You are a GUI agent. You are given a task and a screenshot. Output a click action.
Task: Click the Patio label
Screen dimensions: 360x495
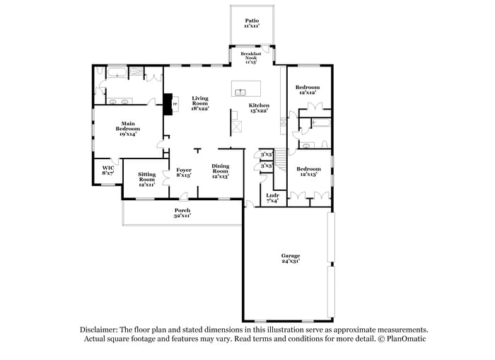pyautogui.click(x=251, y=24)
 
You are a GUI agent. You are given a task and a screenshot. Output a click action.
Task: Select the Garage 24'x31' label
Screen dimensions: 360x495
pyautogui.click(x=291, y=258)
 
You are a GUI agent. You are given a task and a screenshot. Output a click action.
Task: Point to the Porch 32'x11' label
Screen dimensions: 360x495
pyautogui.click(x=182, y=213)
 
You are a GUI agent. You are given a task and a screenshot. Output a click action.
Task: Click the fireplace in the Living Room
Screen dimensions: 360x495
pyautogui.click(x=168, y=104)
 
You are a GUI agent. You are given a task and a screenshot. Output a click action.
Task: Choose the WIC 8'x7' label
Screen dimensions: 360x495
pyautogui.click(x=107, y=170)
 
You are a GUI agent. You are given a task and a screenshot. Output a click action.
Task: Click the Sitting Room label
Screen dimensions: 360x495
pyautogui.click(x=146, y=177)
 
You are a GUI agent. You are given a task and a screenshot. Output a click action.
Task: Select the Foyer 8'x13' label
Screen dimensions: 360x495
pyautogui.click(x=184, y=173)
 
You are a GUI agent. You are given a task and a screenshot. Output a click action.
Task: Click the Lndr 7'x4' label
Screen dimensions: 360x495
pyautogui.click(x=272, y=199)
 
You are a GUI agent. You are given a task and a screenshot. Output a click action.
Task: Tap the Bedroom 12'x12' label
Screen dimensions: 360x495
pyautogui.click(x=308, y=90)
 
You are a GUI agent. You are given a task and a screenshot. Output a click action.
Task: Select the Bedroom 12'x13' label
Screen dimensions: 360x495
pyautogui.click(x=308, y=171)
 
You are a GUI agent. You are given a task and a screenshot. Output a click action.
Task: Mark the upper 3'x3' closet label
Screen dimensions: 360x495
pyautogui.click(x=267, y=153)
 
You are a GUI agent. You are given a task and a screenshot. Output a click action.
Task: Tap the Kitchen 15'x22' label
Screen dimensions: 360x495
pyautogui.click(x=259, y=108)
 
